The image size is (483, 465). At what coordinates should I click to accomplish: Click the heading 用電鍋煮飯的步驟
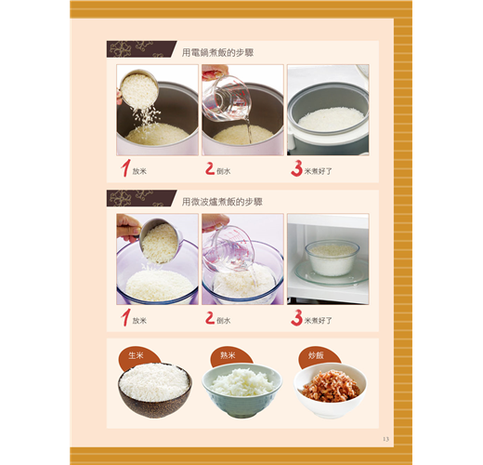pyautogui.click(x=217, y=53)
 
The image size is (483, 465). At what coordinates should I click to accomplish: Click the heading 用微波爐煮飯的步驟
pyautogui.click(x=222, y=202)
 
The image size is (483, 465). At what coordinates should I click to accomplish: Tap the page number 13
pyautogui.click(x=385, y=439)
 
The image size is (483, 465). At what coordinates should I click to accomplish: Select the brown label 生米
pyautogui.click(x=136, y=355)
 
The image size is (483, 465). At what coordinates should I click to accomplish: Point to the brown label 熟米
pyautogui.click(x=228, y=355)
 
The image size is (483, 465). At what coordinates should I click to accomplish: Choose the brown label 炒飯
pyautogui.click(x=316, y=355)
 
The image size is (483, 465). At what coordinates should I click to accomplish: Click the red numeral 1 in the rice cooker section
pyautogui.click(x=125, y=168)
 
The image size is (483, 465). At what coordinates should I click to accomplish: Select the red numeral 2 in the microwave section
pyautogui.click(x=210, y=318)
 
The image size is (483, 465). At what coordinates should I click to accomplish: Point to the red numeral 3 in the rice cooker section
pyautogui.click(x=296, y=168)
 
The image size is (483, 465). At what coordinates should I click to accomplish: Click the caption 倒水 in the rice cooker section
pyautogui.click(x=224, y=171)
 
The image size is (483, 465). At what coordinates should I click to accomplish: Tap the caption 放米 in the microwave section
pyautogui.click(x=139, y=321)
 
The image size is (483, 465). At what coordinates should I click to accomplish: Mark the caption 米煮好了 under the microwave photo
pyautogui.click(x=318, y=321)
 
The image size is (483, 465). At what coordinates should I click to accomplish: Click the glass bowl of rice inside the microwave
pyautogui.click(x=332, y=259)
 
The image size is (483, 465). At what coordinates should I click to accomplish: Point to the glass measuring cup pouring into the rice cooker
pyautogui.click(x=227, y=99)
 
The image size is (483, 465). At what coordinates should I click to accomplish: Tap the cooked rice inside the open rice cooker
pyautogui.click(x=331, y=119)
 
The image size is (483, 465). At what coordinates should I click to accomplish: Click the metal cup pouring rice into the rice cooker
pyautogui.click(x=139, y=89)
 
